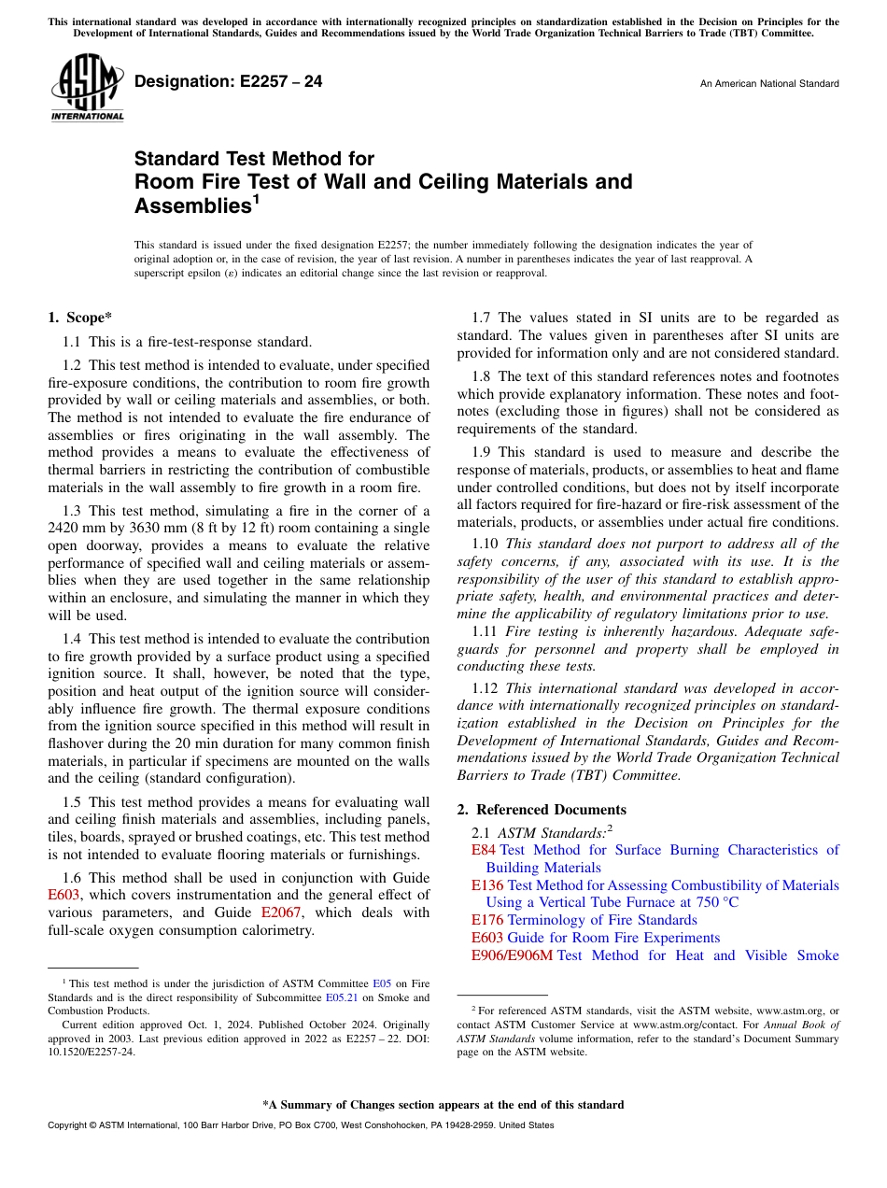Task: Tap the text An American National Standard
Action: tap(769, 84)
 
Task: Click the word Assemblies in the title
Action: tap(192, 205)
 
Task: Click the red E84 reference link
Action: tap(483, 850)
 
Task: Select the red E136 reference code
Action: tap(487, 885)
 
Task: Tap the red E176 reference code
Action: tap(487, 920)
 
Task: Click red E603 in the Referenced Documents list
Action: tap(487, 938)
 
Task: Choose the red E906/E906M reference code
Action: tap(512, 955)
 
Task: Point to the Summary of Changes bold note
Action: tap(443, 1105)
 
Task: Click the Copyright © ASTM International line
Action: tap(300, 1125)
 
